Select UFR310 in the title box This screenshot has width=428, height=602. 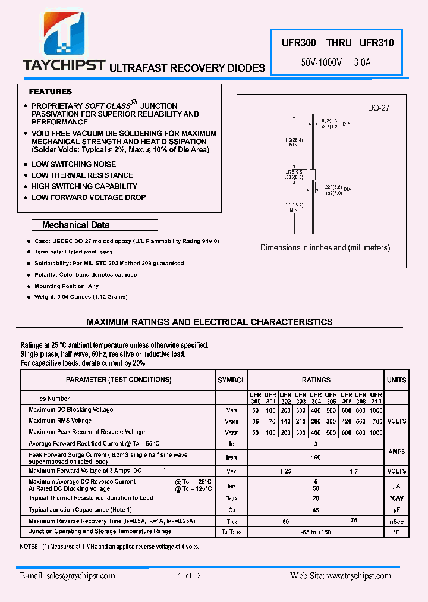click(376, 43)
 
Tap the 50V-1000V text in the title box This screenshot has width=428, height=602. click(321, 62)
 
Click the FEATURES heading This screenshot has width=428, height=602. click(51, 92)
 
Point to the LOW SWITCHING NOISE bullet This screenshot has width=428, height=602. click(74, 164)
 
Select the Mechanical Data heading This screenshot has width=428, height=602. click(75, 225)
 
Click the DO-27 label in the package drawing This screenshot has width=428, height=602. click(378, 108)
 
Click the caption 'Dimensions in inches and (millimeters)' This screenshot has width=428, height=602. click(325, 247)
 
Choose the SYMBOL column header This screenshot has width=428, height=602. click(231, 380)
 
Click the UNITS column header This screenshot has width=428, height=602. click(396, 380)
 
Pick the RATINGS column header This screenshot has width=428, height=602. click(316, 380)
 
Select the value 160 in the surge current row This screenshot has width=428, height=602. click(316, 457)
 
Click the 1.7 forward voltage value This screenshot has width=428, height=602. click(354, 471)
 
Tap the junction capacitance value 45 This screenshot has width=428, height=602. click(316, 510)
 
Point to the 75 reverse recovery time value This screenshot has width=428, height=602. click(354, 519)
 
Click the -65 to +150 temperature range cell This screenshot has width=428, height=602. click(316, 531)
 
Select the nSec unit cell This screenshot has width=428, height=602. click(396, 521)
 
